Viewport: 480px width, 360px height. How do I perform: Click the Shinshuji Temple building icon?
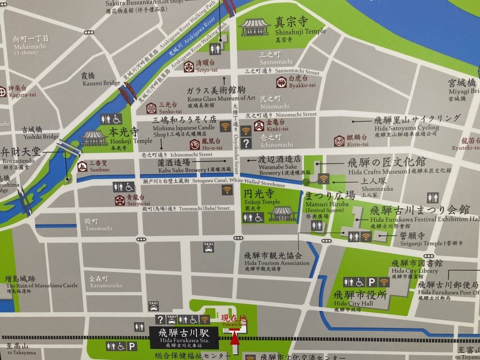click(x=255, y=27)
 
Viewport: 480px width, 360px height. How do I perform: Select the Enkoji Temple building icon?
click(x=283, y=213)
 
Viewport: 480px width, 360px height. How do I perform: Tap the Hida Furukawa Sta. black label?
click(x=184, y=337)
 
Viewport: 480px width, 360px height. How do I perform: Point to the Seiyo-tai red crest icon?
click(x=189, y=66)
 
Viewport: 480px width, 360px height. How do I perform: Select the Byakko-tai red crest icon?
click(x=281, y=82)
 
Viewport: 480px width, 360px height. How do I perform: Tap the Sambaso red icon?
click(x=82, y=166)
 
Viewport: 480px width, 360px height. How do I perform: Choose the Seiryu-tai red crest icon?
click(x=119, y=200)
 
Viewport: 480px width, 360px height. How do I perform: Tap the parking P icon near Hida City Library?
click(x=372, y=282)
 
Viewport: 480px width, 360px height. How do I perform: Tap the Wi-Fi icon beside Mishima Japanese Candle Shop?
click(x=226, y=126)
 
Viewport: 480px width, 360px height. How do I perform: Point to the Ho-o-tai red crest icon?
click(x=195, y=144)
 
